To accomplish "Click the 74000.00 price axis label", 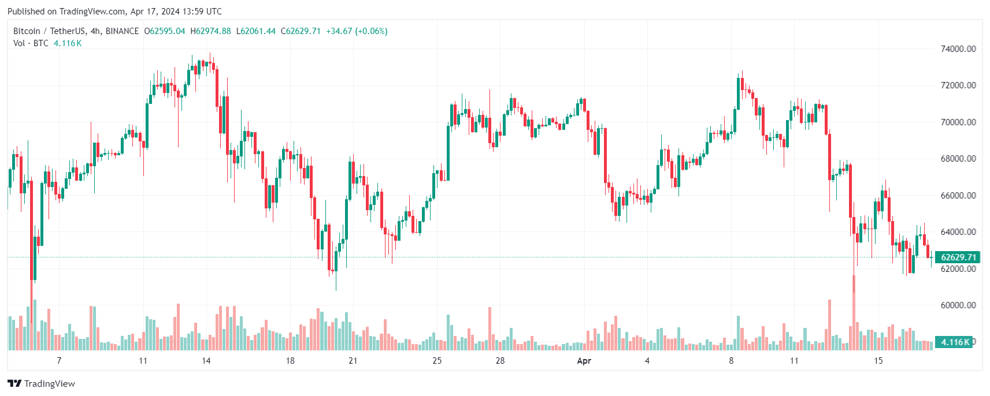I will coord(958,49).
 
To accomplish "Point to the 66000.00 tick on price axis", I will coord(958,196).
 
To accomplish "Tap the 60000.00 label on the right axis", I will coord(958,305).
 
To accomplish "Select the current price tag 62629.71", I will coord(958,257).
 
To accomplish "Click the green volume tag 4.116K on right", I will coord(955,342).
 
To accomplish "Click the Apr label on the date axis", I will coord(584,361).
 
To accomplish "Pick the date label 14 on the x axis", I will coord(206,361).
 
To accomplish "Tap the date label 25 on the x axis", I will coord(437,361).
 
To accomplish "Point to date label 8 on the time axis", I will coord(731,361).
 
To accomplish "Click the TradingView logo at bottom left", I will coord(41,384).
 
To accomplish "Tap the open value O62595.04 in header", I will coord(165,31).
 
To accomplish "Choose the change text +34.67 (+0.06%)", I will coord(357,31).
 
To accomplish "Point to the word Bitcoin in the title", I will coord(27,31).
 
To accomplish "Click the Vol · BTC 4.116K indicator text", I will coord(47,43).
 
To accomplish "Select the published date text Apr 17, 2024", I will coord(155,12).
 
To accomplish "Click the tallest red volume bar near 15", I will coord(854,315).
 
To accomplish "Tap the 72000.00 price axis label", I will coord(958,85).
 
